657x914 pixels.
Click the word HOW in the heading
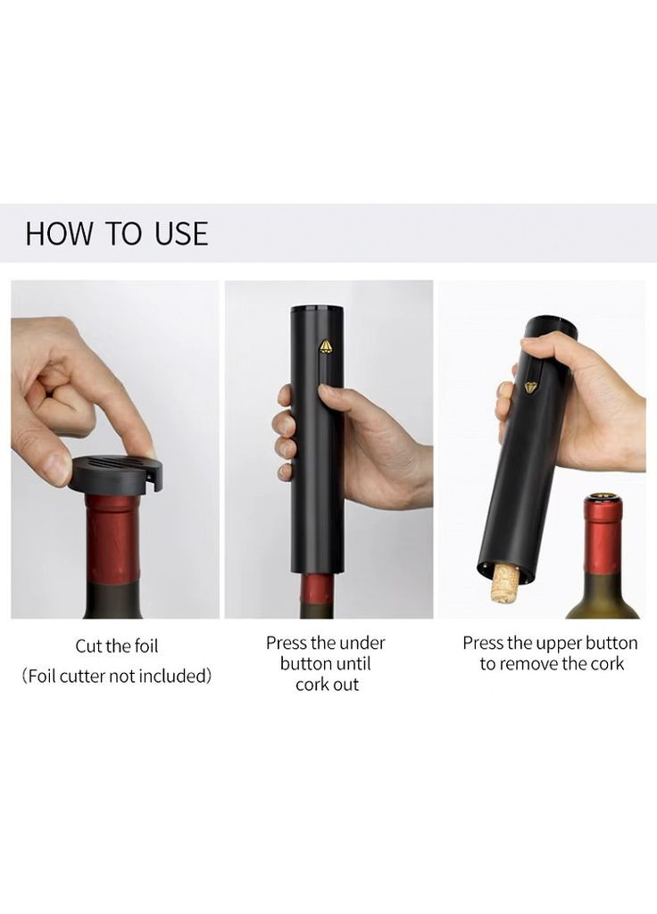coord(59,233)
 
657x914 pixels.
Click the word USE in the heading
coord(180,233)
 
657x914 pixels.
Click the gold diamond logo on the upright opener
coord(325,346)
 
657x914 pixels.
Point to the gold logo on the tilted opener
coord(530,387)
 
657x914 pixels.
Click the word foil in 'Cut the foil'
coord(146,646)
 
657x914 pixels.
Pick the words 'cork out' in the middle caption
coord(327,685)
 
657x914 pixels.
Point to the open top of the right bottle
coord(603,497)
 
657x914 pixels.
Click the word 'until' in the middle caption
coord(353,664)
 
